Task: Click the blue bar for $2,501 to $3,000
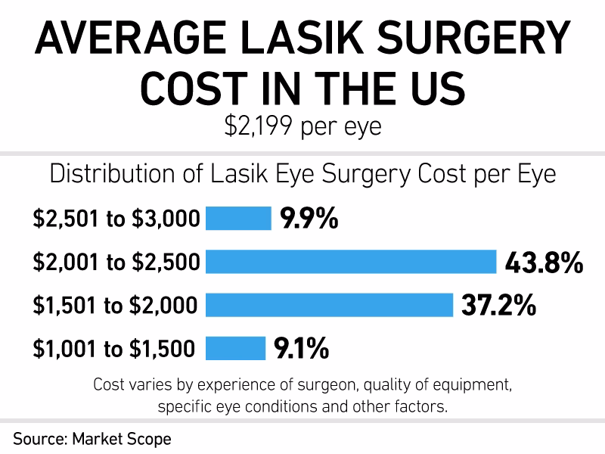tap(238, 219)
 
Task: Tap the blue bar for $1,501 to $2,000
tap(329, 305)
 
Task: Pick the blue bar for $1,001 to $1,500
tap(235, 348)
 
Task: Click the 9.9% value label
tap(309, 219)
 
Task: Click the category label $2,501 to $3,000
tap(116, 219)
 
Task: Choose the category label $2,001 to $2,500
tap(116, 263)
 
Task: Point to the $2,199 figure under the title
tap(258, 126)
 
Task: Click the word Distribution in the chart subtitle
tap(107, 174)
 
